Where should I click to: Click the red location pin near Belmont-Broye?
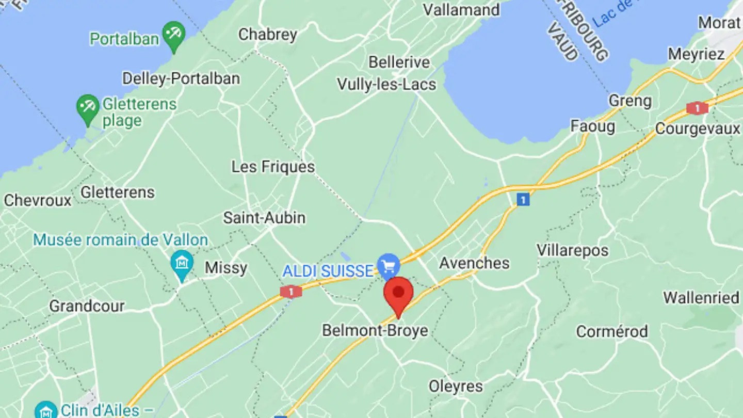(x=398, y=293)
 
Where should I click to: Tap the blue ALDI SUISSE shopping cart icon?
(x=389, y=266)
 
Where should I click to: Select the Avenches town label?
(x=474, y=263)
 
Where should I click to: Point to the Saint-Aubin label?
(x=264, y=218)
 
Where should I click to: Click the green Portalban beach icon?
(x=174, y=34)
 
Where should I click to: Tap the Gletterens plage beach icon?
(x=88, y=107)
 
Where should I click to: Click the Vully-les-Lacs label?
(x=386, y=85)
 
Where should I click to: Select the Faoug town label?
(x=592, y=126)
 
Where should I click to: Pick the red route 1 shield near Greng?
(x=697, y=108)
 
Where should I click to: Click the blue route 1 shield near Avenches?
(x=523, y=199)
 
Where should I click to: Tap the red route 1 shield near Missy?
(x=291, y=292)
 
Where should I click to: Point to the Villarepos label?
(x=572, y=251)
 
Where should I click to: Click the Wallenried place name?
(x=701, y=298)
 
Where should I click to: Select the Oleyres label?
(x=456, y=386)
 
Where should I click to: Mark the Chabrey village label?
(x=268, y=35)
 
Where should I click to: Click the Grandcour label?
(x=87, y=306)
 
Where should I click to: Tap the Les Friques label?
(x=273, y=167)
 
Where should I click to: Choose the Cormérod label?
(x=611, y=331)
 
